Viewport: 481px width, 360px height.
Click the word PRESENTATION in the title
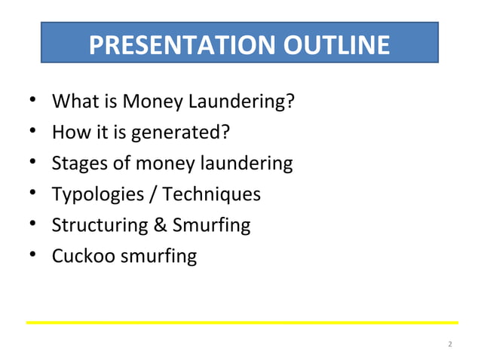182,45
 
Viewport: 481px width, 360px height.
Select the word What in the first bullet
73,100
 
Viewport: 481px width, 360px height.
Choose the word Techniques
210,194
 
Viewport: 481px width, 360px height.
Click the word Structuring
97,225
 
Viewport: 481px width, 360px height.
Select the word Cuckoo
79,256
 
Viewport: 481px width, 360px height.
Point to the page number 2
450,344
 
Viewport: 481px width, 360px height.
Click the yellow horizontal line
241,322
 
